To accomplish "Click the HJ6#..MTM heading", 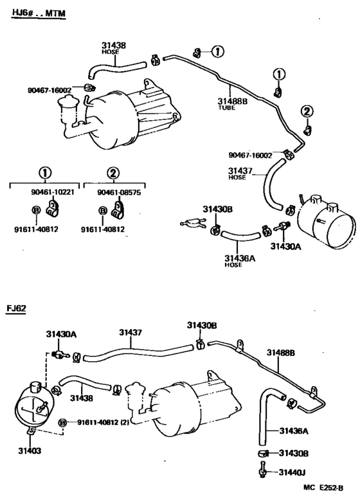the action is (39, 13).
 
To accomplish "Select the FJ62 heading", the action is (16, 308).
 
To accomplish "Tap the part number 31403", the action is (30, 450).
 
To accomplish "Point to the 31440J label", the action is (292, 472).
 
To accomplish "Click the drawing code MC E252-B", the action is (323, 488).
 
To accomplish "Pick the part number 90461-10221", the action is (53, 192).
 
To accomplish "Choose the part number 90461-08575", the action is (119, 193).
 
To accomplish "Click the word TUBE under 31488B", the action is (226, 108).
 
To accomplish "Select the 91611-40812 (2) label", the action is (103, 422).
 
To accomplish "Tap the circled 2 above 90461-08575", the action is (113, 173).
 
